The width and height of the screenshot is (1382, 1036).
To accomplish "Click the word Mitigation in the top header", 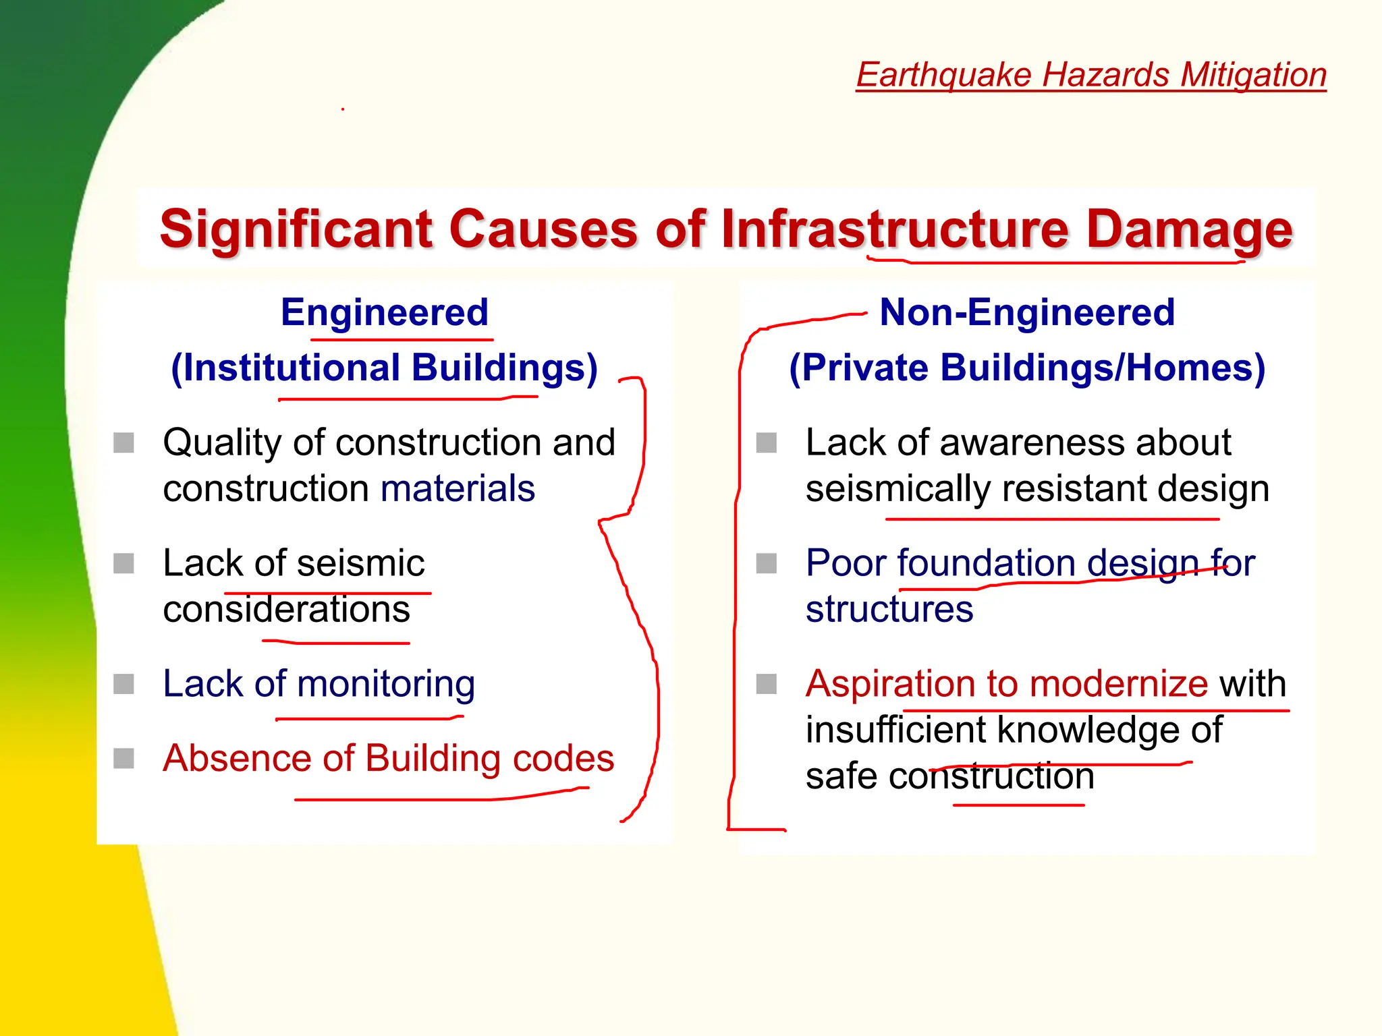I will (1253, 74).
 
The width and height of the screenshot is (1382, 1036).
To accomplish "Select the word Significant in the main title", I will (298, 229).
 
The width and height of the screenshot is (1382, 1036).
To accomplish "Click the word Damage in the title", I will (1189, 229).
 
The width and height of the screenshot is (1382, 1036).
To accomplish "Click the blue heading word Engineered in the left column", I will (385, 312).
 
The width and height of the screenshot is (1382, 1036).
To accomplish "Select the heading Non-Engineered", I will (1027, 312).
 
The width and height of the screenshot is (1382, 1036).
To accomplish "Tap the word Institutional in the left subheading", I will (292, 368).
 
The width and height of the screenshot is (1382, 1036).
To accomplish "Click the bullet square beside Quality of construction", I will (123, 443).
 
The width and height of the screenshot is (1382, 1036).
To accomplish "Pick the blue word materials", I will (458, 488).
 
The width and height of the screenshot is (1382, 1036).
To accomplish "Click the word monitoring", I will (386, 685).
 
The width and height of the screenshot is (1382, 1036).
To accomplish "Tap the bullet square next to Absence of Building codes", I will (123, 758).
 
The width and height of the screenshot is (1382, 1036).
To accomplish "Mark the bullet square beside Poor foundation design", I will (767, 563).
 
